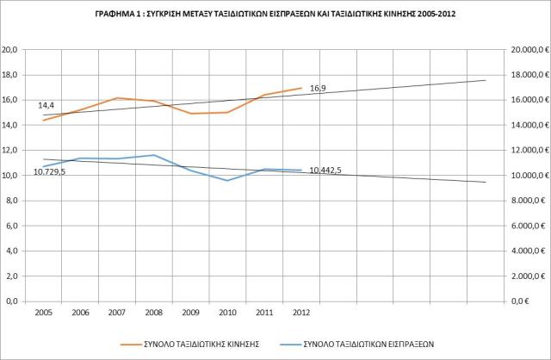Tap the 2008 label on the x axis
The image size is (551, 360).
point(153,313)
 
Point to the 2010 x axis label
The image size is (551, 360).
point(227,313)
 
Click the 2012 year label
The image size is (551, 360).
point(301,313)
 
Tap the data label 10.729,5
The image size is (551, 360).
point(50,172)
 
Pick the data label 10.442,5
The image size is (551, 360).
point(325,171)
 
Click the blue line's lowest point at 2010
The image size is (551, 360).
point(227,181)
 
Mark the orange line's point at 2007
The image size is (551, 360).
point(117,98)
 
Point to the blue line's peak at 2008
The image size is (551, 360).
point(153,155)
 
